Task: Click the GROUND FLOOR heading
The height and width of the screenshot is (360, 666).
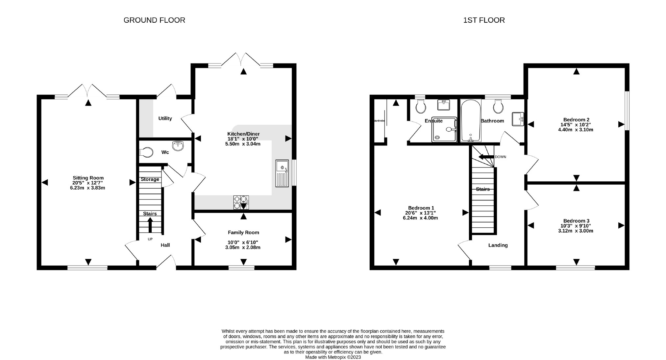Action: pyautogui.click(x=154, y=20)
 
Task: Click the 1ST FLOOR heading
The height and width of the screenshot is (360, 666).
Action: pyautogui.click(x=484, y=20)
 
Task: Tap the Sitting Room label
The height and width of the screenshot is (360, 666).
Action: pyautogui.click(x=88, y=178)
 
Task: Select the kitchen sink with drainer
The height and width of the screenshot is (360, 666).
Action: pyautogui.click(x=282, y=173)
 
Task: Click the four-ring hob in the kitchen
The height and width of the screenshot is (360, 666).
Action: pyautogui.click(x=240, y=202)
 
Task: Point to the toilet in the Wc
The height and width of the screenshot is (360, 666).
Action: pyautogui.click(x=146, y=152)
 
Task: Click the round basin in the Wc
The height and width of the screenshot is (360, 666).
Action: pyautogui.click(x=178, y=146)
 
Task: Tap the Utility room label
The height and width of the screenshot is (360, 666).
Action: pyautogui.click(x=165, y=118)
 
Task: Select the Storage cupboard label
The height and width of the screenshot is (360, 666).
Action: pyautogui.click(x=150, y=179)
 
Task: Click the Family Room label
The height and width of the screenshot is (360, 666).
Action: pyautogui.click(x=243, y=233)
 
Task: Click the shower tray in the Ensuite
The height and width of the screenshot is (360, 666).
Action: pyautogui.click(x=444, y=130)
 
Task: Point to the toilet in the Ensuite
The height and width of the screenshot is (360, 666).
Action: pyautogui.click(x=421, y=107)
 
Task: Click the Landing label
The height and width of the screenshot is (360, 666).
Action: pyautogui.click(x=498, y=245)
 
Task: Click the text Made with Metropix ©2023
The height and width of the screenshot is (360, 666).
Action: pyautogui.click(x=333, y=357)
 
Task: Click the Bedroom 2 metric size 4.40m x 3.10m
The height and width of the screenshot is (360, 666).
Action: pyautogui.click(x=576, y=130)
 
